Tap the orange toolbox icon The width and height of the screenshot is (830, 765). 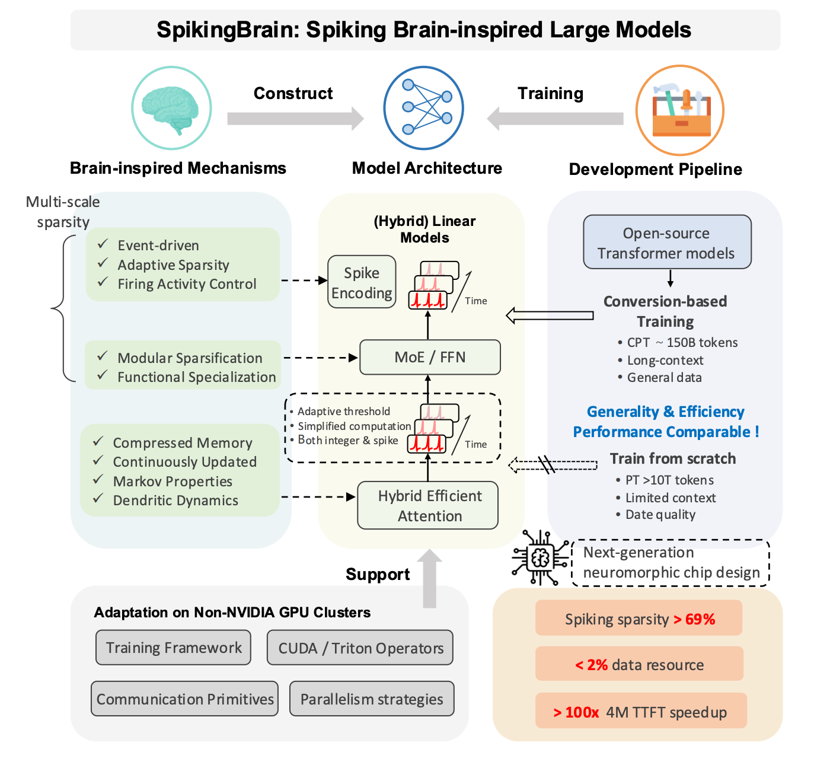[x=680, y=110]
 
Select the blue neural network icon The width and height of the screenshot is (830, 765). [x=423, y=107]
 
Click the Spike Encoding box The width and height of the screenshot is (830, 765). [x=362, y=282]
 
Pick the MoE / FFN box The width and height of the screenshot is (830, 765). [x=430, y=357]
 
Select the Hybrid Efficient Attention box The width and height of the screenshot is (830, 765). [x=427, y=505]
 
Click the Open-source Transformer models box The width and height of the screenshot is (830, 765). [x=667, y=242]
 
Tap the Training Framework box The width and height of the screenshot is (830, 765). [x=173, y=648]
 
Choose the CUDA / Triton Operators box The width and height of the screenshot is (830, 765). [x=360, y=648]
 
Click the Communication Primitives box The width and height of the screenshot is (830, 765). [x=184, y=699]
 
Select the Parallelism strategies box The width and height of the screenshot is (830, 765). [x=372, y=699]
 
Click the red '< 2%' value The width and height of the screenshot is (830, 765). [x=591, y=665]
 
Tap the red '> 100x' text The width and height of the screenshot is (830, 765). [x=576, y=713]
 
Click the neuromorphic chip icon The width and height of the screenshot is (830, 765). [x=540, y=558]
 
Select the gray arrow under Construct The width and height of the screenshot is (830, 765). [x=295, y=119]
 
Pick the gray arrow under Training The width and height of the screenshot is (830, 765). [x=555, y=119]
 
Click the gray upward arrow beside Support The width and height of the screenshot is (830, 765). [x=429, y=578]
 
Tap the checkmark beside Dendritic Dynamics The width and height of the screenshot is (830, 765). [x=98, y=498]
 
